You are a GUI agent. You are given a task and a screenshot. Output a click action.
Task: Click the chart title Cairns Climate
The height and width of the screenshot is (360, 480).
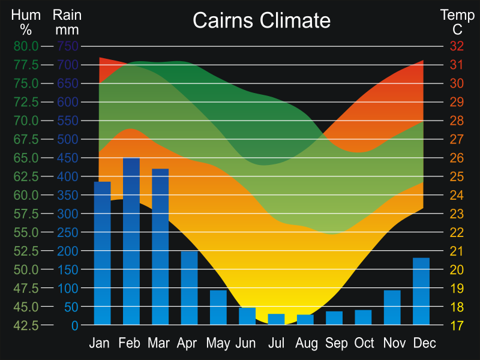262,21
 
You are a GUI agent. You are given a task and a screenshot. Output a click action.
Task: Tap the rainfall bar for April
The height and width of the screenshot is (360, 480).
189,288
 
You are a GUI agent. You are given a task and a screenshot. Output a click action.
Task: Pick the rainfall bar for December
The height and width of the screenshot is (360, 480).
421,292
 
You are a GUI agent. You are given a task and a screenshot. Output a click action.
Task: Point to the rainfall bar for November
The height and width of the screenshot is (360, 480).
392,307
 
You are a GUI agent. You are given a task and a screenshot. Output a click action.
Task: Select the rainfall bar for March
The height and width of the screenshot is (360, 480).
160,247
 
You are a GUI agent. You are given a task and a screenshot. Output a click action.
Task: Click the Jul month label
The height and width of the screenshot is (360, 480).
276,343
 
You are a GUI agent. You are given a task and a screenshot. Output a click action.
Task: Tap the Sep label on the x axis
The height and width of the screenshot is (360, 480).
337,343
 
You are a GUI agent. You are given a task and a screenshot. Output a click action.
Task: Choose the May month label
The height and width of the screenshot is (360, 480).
218,344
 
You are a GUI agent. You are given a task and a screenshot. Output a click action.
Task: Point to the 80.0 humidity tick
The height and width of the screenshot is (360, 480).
26,46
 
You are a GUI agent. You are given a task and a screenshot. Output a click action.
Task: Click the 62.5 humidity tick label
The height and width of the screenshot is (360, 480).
26,176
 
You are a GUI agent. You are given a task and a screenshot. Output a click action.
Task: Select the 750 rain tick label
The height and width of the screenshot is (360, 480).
68,46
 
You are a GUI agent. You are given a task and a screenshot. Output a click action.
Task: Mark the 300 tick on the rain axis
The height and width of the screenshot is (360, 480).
68,214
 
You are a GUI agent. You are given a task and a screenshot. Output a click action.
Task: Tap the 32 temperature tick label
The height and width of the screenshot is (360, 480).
457,46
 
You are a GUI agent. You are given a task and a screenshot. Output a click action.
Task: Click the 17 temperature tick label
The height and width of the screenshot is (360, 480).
457,326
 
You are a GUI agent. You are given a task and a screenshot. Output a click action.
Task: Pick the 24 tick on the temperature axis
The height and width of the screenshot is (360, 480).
457,195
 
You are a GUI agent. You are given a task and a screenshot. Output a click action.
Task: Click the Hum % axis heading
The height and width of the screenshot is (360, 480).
25,22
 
